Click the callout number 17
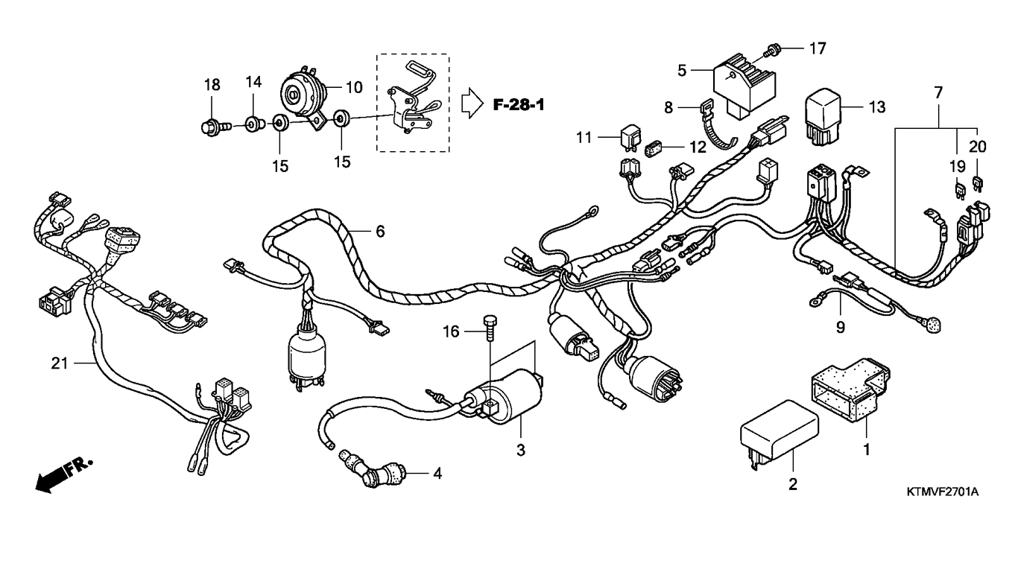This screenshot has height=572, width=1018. tap(818, 49)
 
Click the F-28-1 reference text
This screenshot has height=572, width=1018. tap(518, 104)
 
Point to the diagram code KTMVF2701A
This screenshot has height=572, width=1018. tap(942, 492)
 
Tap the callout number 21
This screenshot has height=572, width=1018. tap(60, 363)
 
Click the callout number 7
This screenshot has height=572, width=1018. tap(938, 93)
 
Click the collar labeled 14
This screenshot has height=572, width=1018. tap(253, 123)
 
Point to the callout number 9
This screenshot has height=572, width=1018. tap(841, 326)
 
